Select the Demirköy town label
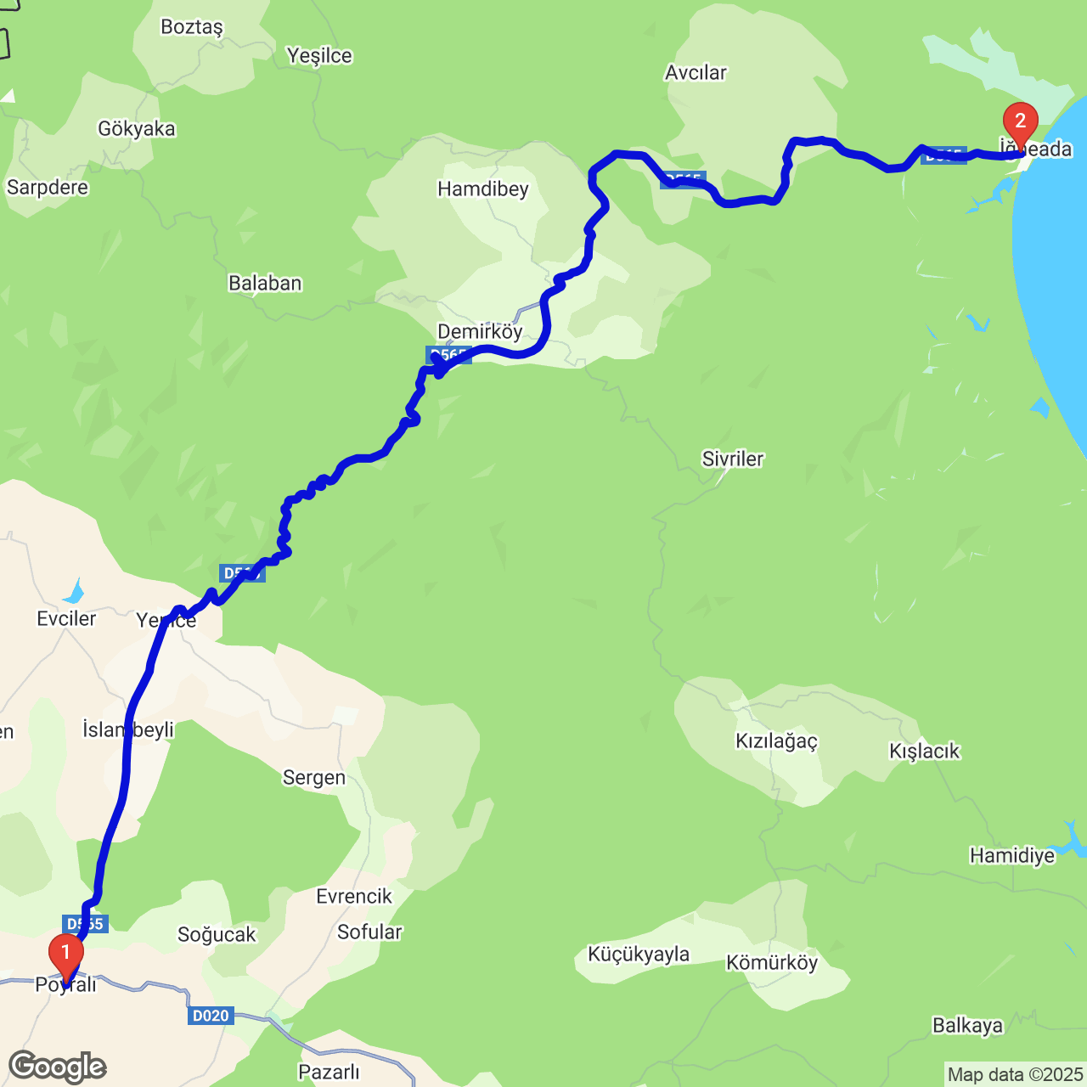coord(480,331)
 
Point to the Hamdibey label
coord(483,189)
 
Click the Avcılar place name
coord(696,73)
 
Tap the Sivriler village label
coord(733,459)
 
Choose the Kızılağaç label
coord(776,741)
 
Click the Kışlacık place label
coord(924,752)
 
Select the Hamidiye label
coord(1012,855)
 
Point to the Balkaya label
coord(967,1026)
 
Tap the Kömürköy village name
coord(772,963)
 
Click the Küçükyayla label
coord(639,955)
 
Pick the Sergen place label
coord(314,778)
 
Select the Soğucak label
coord(217,935)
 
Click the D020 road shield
coord(211,1016)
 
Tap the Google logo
coord(58,1067)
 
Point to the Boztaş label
coord(192,27)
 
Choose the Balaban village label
coord(265,284)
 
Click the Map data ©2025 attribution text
coord(1015,1075)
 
